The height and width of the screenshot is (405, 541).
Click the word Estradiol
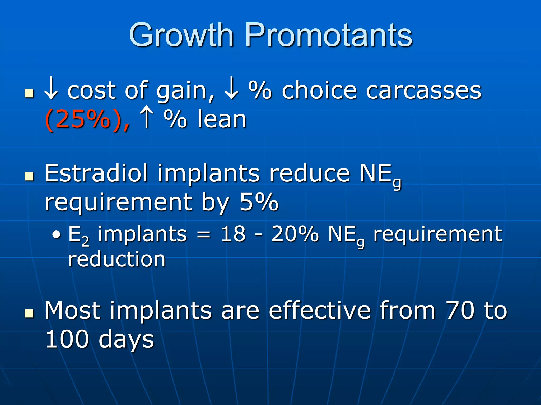coord(96,173)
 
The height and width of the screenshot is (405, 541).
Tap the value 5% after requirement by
coord(259,202)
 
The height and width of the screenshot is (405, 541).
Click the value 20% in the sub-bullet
coord(295,234)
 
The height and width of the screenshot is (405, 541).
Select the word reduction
coord(117,259)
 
